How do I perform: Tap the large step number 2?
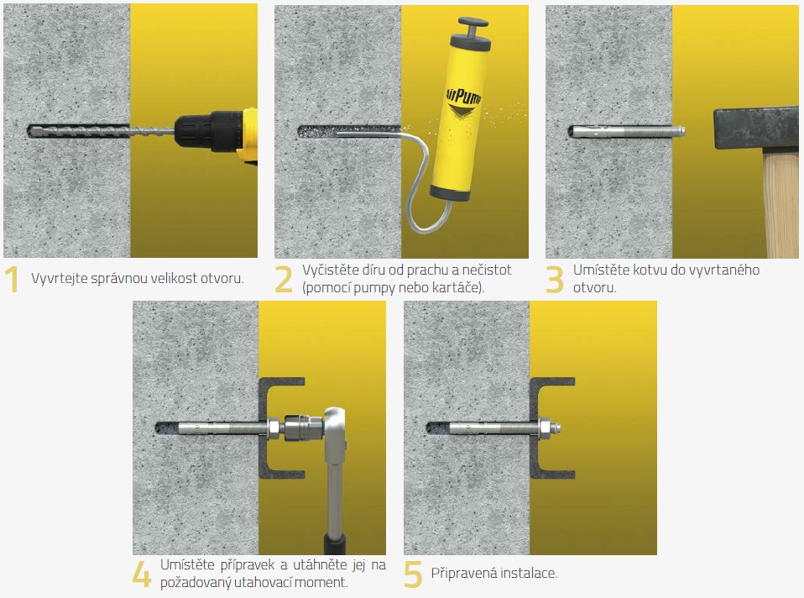pyautogui.click(x=284, y=279)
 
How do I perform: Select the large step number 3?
pyautogui.click(x=555, y=279)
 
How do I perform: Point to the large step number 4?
pyautogui.click(x=142, y=574)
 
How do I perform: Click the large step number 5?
pyautogui.click(x=413, y=574)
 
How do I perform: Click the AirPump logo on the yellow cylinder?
pyautogui.click(x=464, y=99)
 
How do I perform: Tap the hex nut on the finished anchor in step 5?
pyautogui.click(x=545, y=427)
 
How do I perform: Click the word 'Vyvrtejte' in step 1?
pyautogui.click(x=56, y=278)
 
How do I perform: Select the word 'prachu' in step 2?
pyautogui.click(x=428, y=270)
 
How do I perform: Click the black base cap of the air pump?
pyautogui.click(x=449, y=193)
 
